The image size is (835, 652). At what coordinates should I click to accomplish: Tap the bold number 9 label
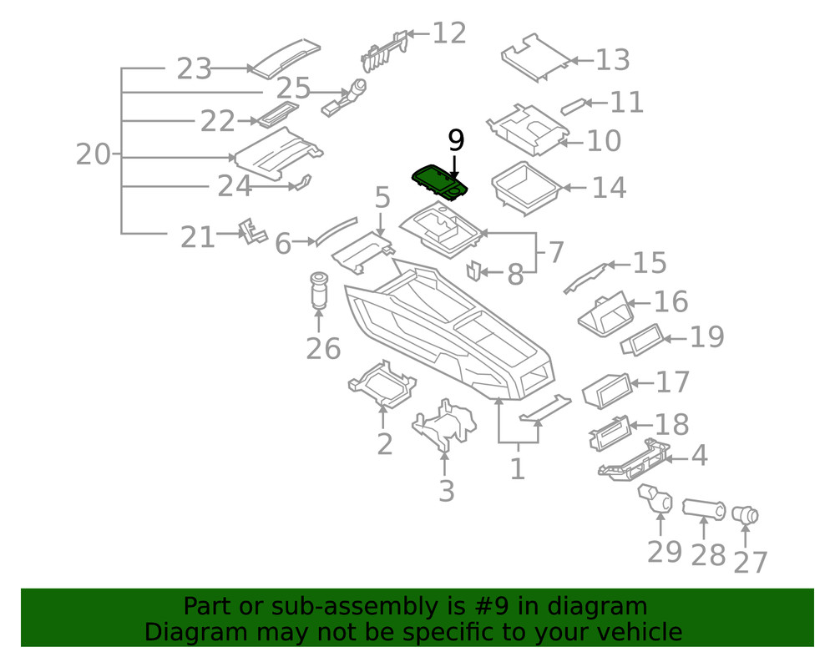click(x=456, y=139)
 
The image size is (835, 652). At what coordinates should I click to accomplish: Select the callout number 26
click(x=323, y=348)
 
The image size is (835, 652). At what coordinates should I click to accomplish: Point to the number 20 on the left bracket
click(x=92, y=154)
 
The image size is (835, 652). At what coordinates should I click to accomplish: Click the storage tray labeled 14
click(x=524, y=187)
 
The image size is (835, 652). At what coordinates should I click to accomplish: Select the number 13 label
click(x=612, y=60)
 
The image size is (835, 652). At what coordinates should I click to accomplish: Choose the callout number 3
click(x=447, y=491)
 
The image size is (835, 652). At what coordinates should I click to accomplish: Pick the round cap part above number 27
click(x=745, y=516)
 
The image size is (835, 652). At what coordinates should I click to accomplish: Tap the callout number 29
click(x=665, y=552)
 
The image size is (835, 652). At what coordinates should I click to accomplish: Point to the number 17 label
click(x=673, y=382)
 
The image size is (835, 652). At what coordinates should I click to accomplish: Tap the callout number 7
click(x=554, y=252)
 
